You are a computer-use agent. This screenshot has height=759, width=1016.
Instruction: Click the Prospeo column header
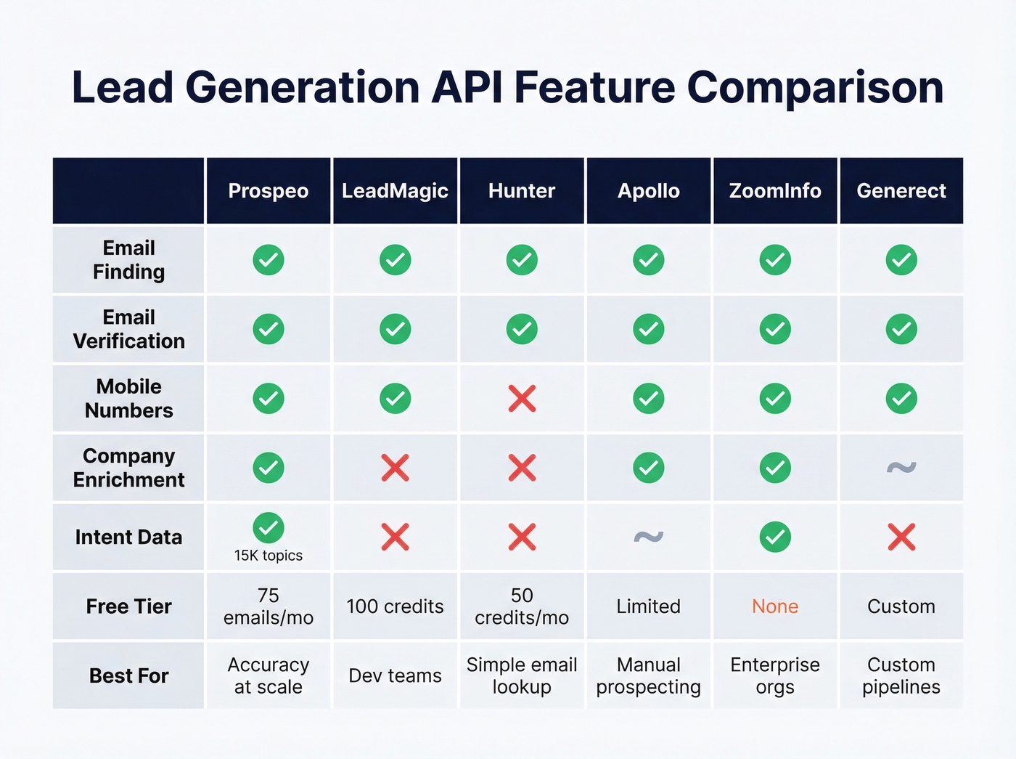tap(269, 191)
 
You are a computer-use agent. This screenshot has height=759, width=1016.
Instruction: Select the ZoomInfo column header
tap(775, 191)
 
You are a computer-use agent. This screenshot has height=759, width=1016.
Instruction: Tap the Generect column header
tap(901, 191)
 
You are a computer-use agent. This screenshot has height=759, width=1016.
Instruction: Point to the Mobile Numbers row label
tap(128, 398)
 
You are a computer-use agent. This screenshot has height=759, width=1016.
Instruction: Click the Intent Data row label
tap(128, 537)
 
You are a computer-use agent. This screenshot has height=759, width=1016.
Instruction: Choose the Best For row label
tap(128, 675)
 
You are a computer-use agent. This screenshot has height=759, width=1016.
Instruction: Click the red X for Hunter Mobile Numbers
tap(522, 399)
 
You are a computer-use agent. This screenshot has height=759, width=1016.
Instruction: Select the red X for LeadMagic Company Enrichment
tap(395, 468)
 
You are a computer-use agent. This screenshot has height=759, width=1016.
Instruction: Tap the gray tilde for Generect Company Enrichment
tap(901, 467)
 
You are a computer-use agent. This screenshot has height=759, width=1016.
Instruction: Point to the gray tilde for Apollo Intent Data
tap(648, 537)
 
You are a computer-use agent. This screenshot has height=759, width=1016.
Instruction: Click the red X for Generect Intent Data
tap(901, 537)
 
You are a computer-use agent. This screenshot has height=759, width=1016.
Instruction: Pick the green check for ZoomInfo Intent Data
tap(775, 537)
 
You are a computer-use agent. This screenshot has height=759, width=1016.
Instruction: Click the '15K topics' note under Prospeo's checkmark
tap(269, 556)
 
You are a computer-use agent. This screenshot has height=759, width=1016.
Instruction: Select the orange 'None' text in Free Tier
tap(775, 606)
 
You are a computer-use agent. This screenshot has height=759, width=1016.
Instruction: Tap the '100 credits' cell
tap(395, 606)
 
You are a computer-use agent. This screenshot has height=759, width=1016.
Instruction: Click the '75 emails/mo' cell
tap(269, 606)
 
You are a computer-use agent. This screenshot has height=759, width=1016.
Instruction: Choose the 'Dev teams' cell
tap(395, 675)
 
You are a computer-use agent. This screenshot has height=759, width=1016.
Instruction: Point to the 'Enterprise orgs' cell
tap(775, 675)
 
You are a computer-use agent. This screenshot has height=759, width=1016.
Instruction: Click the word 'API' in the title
tap(467, 87)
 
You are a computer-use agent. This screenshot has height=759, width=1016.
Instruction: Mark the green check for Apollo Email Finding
tap(648, 260)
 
